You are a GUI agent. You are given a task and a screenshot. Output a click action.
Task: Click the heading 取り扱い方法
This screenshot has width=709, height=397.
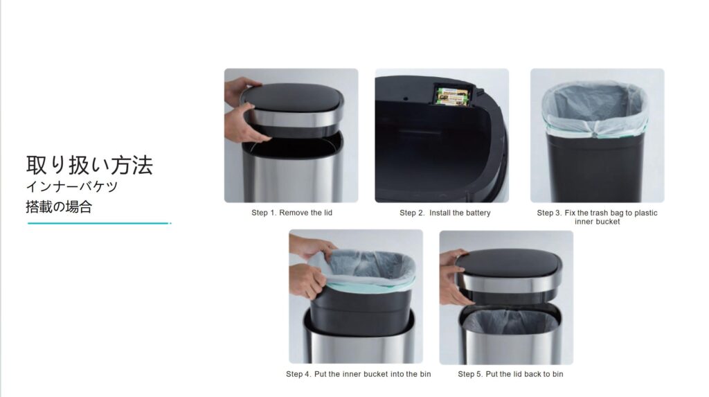click(x=89, y=165)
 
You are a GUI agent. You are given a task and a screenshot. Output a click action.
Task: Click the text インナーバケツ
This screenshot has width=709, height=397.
click(x=72, y=186)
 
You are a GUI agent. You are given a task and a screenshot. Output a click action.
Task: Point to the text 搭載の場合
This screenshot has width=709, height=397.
click(x=59, y=207)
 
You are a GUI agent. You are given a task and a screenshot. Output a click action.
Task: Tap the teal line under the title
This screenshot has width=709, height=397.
click(x=99, y=223)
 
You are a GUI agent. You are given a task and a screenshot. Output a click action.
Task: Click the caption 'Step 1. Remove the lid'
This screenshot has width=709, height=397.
click(x=291, y=213)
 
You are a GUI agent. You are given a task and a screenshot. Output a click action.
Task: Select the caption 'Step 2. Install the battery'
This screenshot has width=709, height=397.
click(x=445, y=213)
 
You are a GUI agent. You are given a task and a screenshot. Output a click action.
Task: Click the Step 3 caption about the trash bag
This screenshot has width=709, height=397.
click(x=597, y=217)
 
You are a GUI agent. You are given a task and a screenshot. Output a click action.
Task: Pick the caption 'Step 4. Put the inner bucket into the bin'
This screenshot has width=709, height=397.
click(x=358, y=374)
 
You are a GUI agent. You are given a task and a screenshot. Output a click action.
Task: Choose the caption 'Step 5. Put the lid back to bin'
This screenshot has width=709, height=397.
click(x=510, y=374)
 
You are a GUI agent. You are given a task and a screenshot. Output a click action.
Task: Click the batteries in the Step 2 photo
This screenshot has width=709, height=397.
click(x=451, y=96)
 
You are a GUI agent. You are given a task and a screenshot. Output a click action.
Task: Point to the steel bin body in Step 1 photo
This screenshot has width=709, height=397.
click(x=292, y=177)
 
